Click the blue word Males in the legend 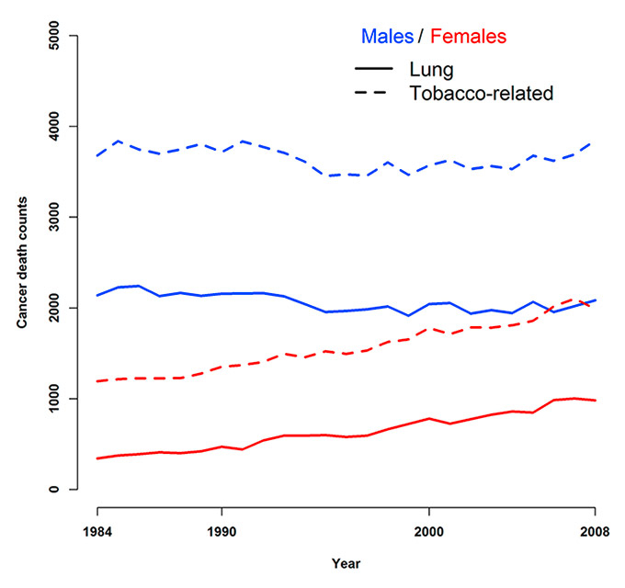click(387, 37)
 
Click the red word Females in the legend click(468, 37)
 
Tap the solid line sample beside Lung click(372, 70)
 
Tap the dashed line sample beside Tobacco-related click(372, 93)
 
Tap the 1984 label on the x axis click(97, 530)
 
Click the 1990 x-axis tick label click(222, 530)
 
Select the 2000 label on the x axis click(429, 530)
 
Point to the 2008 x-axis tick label click(595, 530)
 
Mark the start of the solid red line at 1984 click(97, 458)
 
